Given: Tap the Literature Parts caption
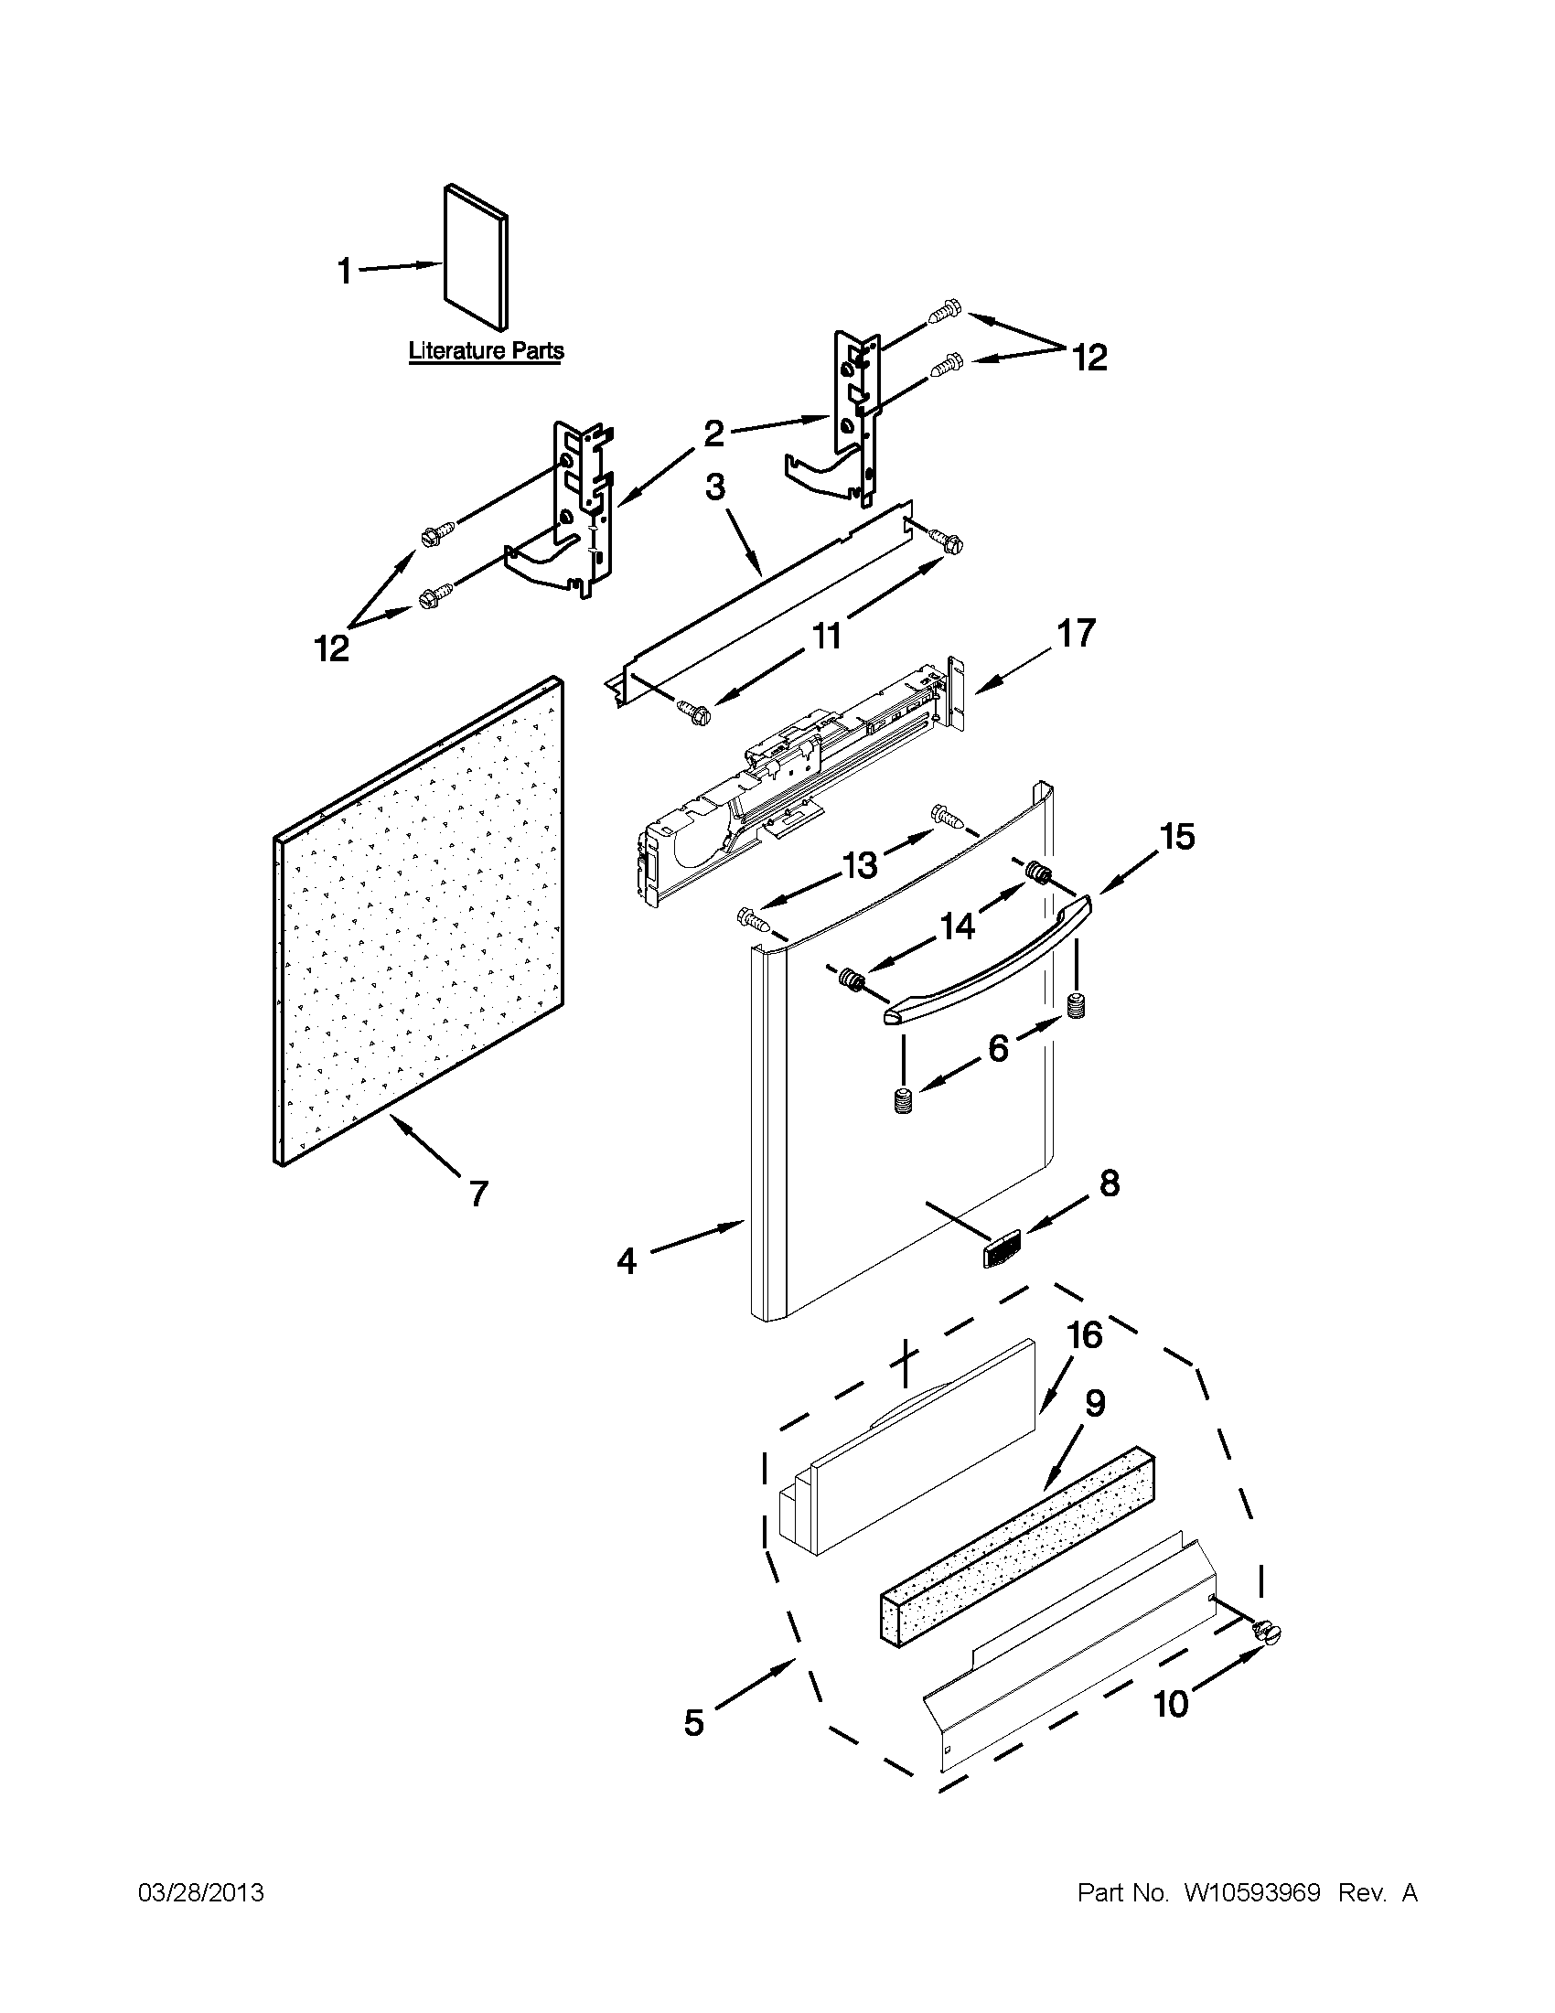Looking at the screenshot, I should click(486, 351).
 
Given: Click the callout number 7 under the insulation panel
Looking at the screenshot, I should click(477, 1194).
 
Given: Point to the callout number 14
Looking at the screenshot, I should click(958, 925).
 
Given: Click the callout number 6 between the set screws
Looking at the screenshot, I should click(998, 1047).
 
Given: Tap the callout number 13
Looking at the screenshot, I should click(859, 863).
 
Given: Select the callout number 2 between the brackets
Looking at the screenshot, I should click(714, 433).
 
